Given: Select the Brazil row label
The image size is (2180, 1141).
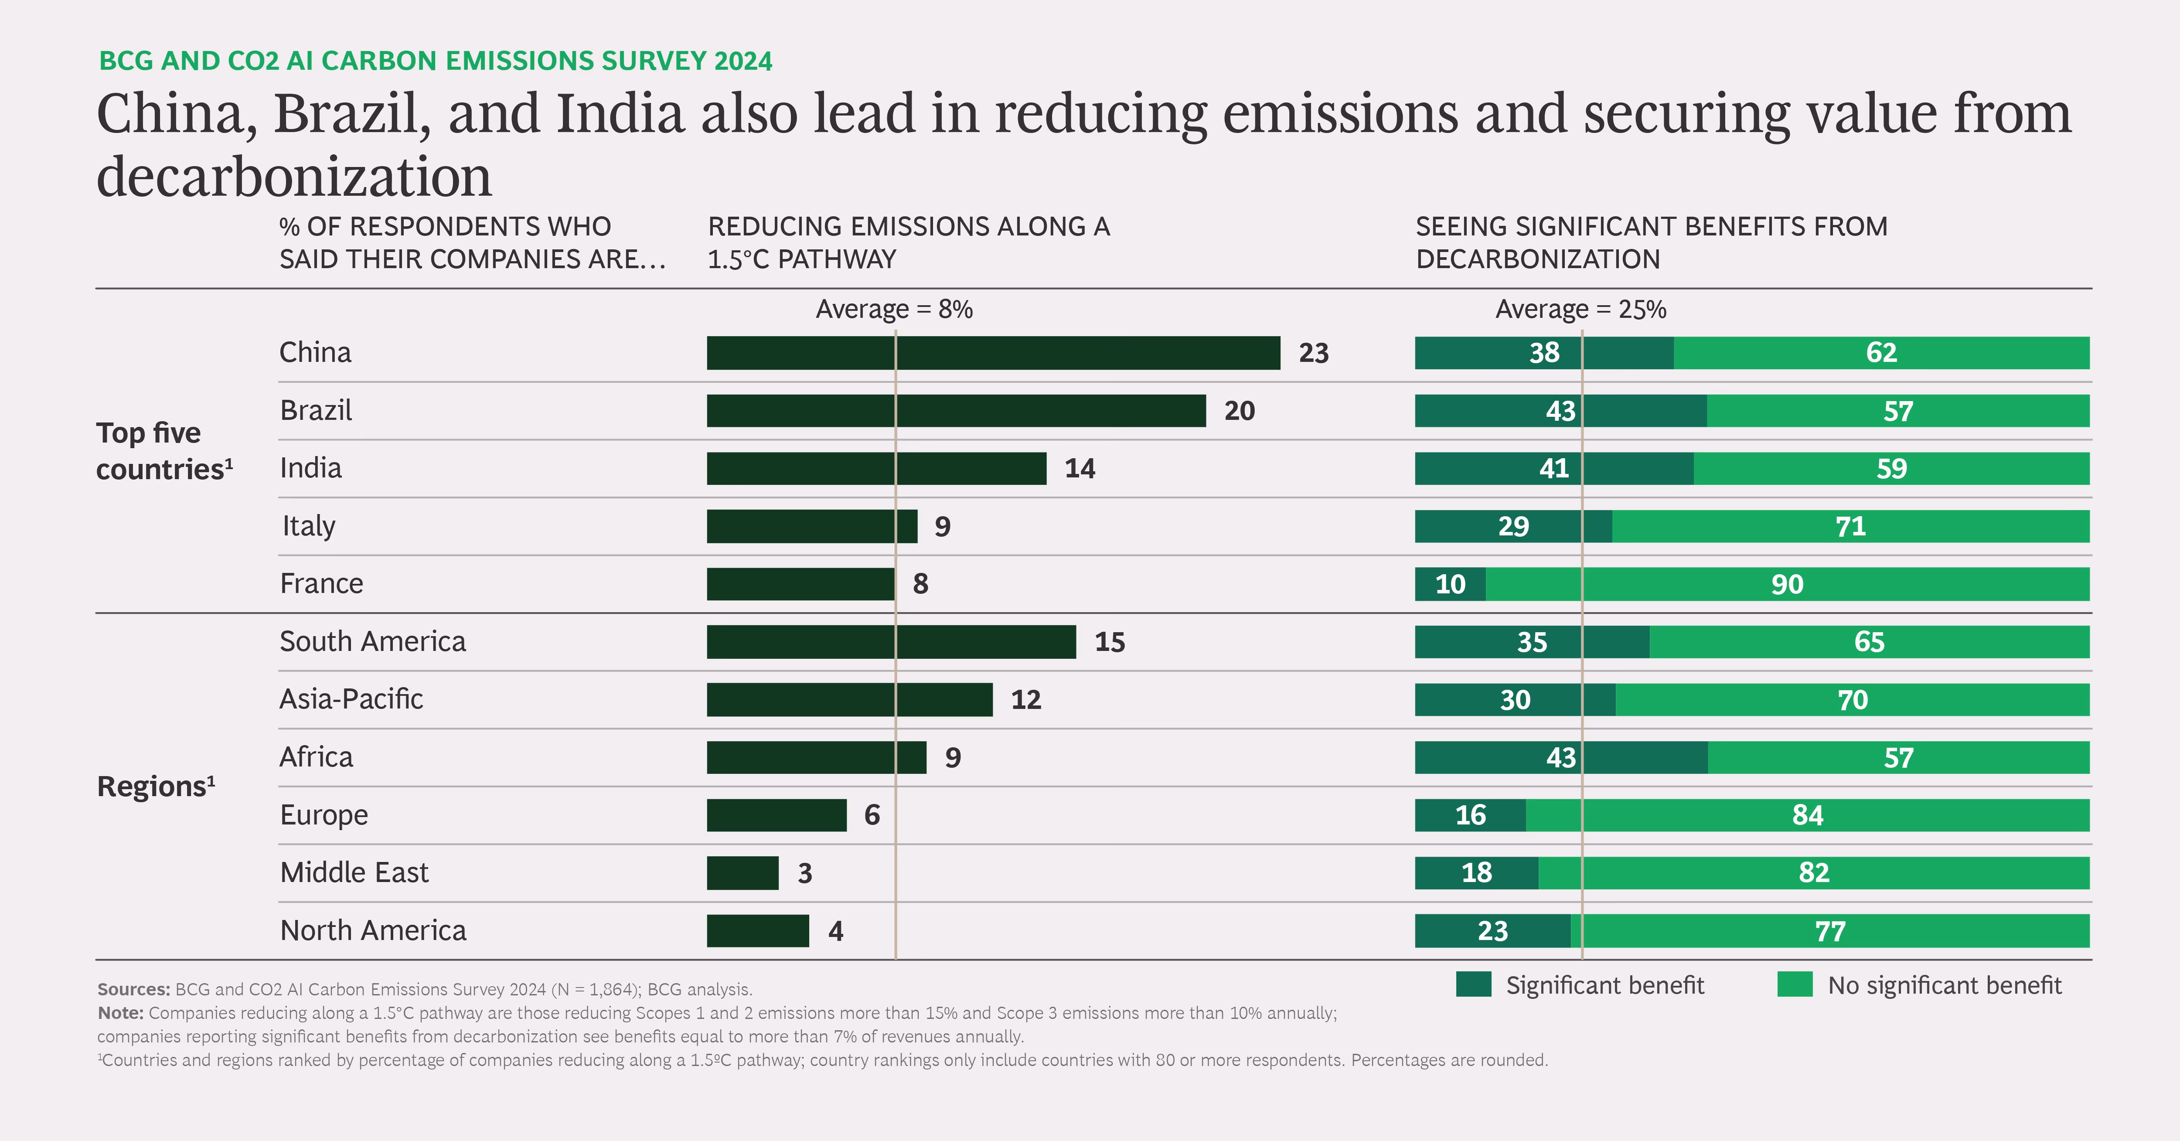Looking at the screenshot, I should pyautogui.click(x=316, y=411).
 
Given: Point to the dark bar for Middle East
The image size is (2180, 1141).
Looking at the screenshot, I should pyautogui.click(x=742, y=873).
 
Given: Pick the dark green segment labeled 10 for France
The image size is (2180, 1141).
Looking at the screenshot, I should pyautogui.click(x=1450, y=584).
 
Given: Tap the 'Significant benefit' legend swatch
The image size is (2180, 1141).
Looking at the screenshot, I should pyautogui.click(x=1473, y=984).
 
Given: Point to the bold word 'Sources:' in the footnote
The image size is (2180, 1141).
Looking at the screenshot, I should pyautogui.click(x=133, y=989).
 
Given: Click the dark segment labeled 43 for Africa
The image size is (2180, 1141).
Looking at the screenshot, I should pyautogui.click(x=1560, y=758).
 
